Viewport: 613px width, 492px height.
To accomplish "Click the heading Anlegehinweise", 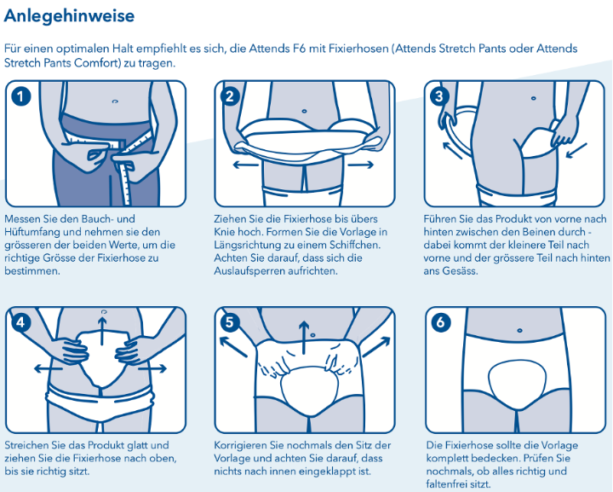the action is pos(69,16).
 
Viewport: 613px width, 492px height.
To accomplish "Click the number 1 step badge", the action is pos(21,96).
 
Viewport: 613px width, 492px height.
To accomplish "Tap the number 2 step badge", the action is pos(230,96).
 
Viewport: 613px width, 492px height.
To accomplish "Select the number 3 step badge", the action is pos(439,96).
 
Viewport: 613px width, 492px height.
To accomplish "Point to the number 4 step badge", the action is pos(21,322).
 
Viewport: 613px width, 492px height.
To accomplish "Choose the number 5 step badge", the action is pos(230,322).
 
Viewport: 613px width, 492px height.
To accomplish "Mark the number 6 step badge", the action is pos(441,322).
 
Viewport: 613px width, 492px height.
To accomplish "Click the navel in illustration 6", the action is pos(519,331).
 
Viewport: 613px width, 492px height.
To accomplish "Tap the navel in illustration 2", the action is pos(304,111).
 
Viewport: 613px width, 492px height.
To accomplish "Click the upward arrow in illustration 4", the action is pos(102,331).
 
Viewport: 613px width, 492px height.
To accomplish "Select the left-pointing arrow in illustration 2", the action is pos(245,165).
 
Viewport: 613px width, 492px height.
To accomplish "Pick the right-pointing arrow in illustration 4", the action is pos(153,368).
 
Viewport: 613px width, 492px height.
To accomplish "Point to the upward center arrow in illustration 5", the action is pos(304,338).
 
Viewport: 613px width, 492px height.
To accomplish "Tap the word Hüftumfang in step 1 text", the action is pos(32,232).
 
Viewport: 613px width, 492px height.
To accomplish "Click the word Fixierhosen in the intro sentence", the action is pos(358,49).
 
